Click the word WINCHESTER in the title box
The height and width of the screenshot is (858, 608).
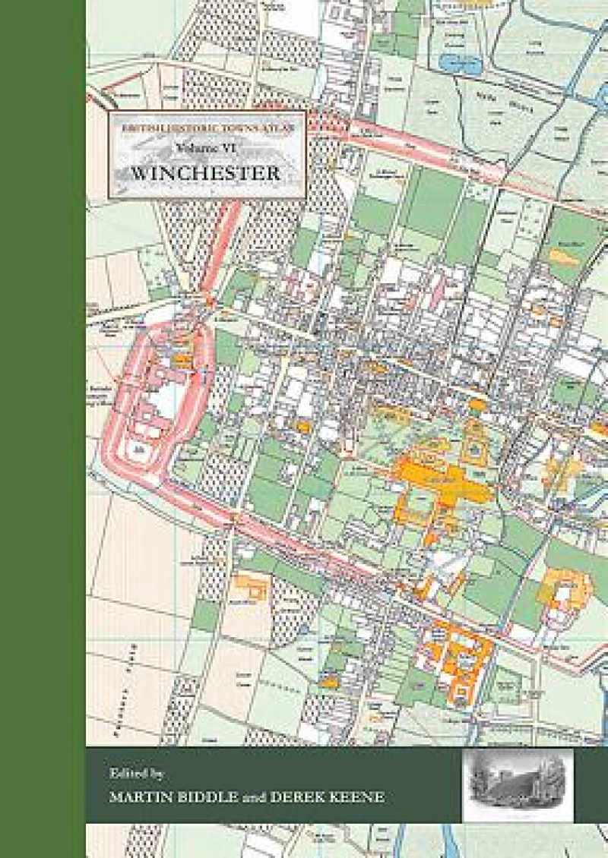point(206,172)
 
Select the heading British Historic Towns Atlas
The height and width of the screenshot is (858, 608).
point(207,130)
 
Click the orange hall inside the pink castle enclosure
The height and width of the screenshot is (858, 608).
point(183,362)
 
